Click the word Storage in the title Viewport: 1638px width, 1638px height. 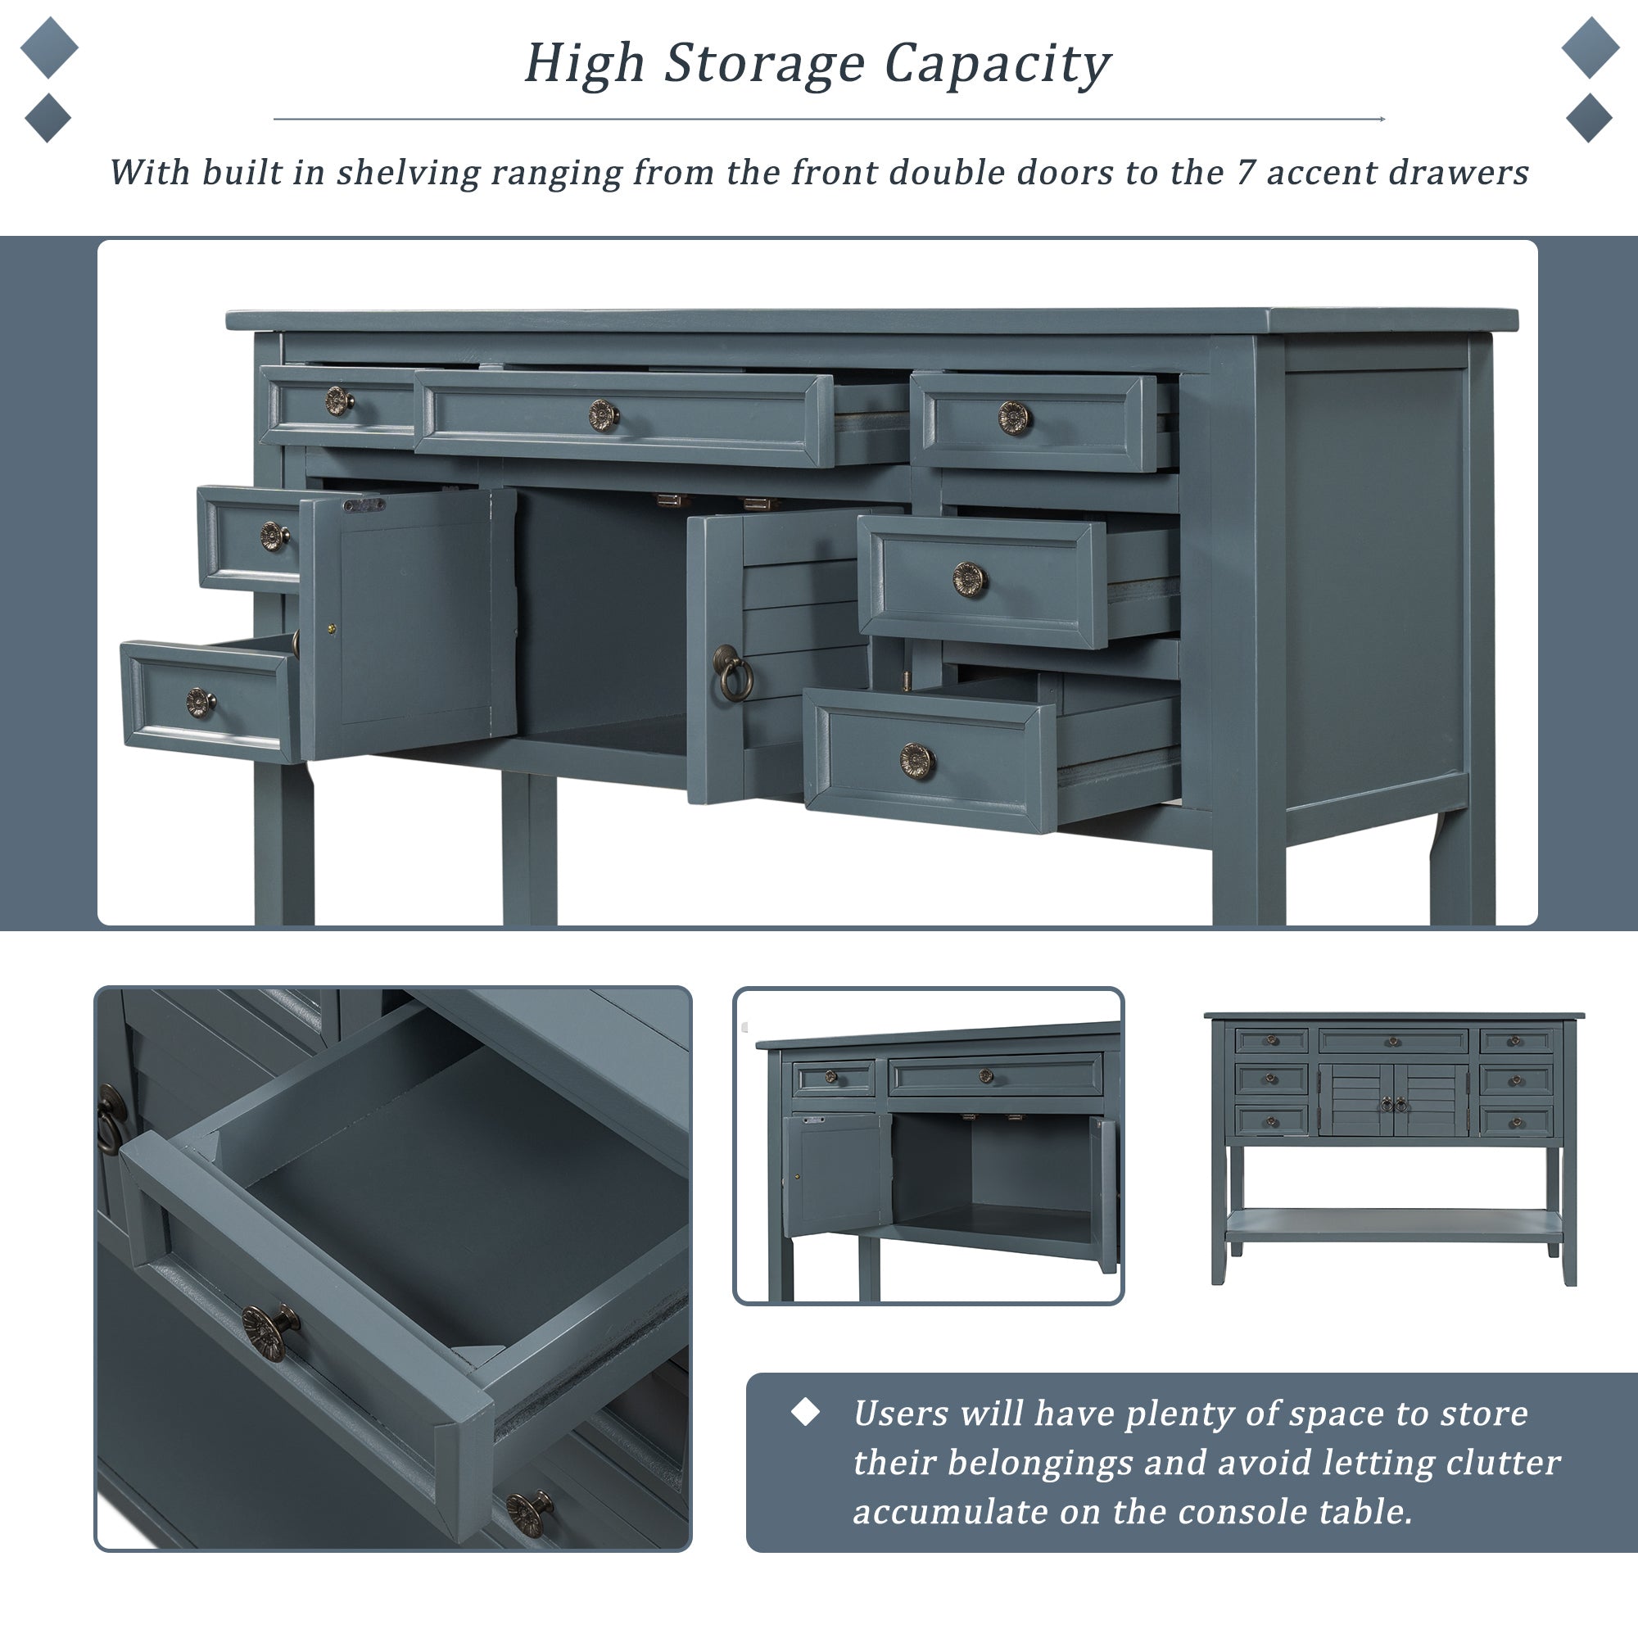click(765, 66)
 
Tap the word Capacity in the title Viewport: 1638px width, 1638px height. click(997, 66)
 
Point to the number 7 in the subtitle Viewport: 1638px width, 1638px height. click(1245, 172)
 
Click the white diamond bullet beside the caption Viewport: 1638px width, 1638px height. click(804, 1412)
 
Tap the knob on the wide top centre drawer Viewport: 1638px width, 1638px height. click(604, 415)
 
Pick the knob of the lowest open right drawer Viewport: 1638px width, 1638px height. click(917, 761)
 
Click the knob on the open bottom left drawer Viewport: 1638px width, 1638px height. click(200, 703)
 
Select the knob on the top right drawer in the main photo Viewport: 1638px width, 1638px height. click(1014, 418)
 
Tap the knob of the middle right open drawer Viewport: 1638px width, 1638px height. click(969, 580)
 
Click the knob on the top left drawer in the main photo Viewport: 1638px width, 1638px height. click(339, 400)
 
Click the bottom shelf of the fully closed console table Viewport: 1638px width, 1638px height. click(1393, 1225)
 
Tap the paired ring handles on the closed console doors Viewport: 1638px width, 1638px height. click(1394, 1105)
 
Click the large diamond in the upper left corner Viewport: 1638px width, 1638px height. click(49, 48)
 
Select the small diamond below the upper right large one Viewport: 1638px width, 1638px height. click(1589, 118)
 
